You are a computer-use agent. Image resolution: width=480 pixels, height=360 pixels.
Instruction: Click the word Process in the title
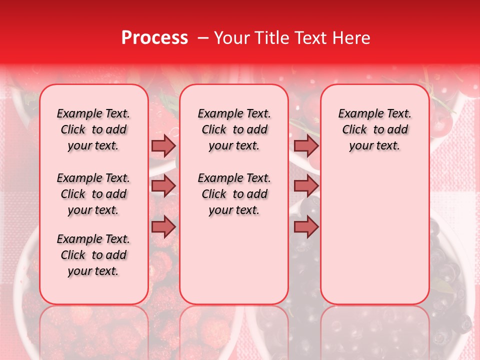[x=154, y=38]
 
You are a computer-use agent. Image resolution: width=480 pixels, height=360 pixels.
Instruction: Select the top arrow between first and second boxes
[x=163, y=145]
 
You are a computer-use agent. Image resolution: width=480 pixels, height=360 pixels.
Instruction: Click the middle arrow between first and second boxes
[x=163, y=186]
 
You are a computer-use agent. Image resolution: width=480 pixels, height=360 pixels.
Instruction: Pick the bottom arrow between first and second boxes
[x=163, y=227]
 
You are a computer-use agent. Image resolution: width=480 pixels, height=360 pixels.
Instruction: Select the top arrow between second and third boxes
[x=306, y=145]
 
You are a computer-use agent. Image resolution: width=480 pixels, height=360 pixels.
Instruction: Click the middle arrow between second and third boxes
[x=306, y=186]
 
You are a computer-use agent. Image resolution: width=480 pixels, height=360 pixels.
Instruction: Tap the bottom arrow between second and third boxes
[x=306, y=227]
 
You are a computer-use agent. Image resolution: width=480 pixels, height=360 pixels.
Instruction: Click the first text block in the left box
[x=93, y=129]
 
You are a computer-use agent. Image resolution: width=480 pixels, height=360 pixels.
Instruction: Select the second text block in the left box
[x=93, y=194]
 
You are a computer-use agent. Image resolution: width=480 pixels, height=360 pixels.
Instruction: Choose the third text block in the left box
[x=93, y=255]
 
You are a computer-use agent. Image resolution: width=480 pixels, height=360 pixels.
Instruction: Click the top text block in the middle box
[x=234, y=129]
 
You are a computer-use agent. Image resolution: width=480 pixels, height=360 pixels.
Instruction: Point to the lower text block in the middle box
[x=234, y=194]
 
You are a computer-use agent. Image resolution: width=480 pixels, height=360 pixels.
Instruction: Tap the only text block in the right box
[x=374, y=129]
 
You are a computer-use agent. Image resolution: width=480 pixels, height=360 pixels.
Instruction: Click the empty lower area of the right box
[x=374, y=235]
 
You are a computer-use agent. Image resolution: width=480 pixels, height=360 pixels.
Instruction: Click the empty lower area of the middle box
[x=234, y=260]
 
